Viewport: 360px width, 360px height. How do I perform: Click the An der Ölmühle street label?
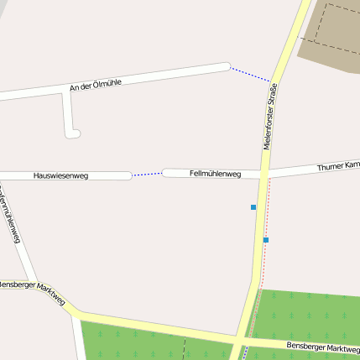click(x=97, y=84)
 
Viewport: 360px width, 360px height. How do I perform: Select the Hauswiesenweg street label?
click(x=60, y=175)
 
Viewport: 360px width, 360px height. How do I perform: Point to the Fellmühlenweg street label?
click(x=216, y=174)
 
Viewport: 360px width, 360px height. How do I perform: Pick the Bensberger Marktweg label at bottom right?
click(x=322, y=347)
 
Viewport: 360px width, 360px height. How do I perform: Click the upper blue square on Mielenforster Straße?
click(x=253, y=206)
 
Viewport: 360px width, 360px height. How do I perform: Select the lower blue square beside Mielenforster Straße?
click(x=266, y=240)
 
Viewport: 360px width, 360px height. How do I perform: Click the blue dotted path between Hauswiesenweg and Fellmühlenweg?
click(x=147, y=174)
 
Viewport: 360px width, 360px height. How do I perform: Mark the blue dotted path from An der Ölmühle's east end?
click(x=249, y=74)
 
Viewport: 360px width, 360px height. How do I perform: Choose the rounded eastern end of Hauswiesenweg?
click(x=128, y=175)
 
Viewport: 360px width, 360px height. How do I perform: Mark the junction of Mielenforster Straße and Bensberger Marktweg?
click(x=241, y=340)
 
